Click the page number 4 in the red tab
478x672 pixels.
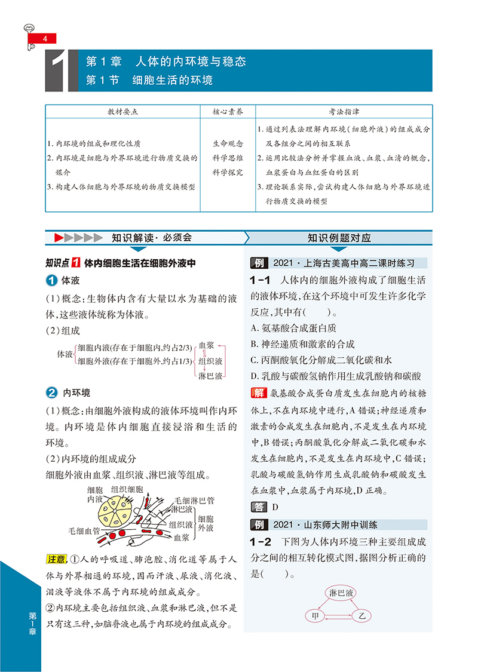[44, 39]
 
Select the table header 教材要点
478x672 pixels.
[122, 112]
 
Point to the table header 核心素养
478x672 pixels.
[228, 112]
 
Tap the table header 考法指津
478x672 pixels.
[344, 112]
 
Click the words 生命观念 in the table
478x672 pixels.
[228, 144]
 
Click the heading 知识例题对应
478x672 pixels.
[339, 237]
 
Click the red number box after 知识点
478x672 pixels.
[76, 263]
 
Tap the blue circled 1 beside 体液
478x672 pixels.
[52, 281]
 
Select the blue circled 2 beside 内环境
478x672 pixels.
[52, 392]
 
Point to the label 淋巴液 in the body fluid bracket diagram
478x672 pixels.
[210, 377]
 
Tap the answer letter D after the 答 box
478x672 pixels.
[275, 507]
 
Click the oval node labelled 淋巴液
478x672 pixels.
[342, 593]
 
